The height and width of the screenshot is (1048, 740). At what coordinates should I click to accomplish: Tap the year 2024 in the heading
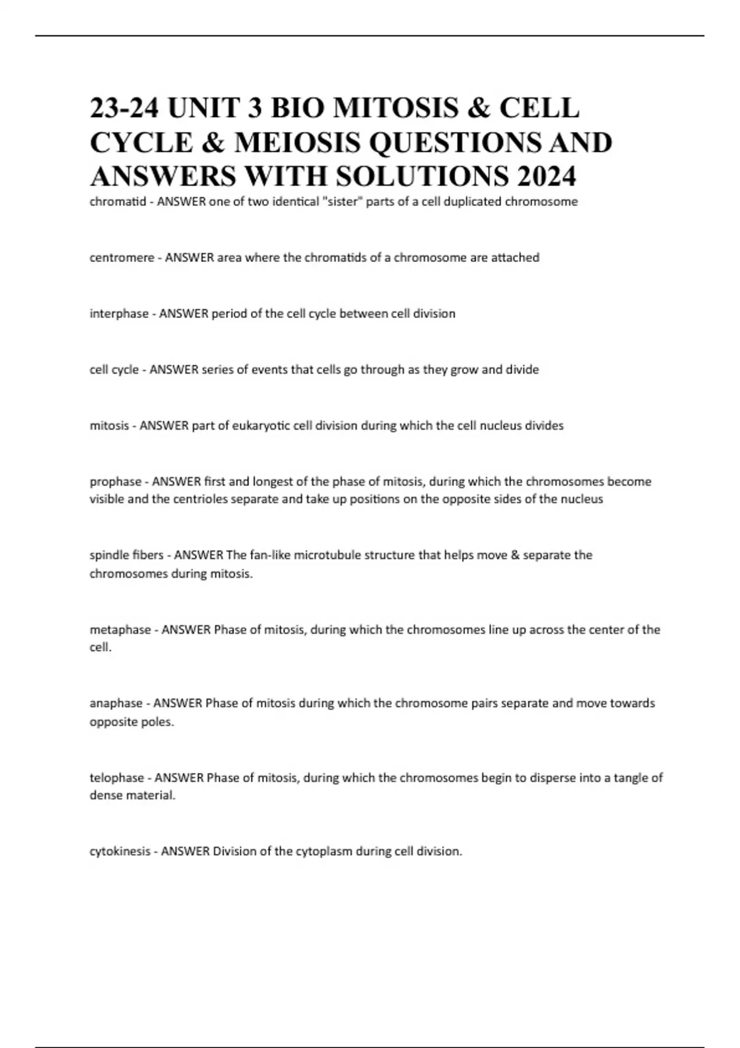point(546,176)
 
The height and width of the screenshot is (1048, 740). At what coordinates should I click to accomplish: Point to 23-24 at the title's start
point(125,108)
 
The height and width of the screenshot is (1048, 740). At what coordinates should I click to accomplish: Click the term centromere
point(122,258)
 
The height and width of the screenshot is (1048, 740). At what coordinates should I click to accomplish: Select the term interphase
point(119,314)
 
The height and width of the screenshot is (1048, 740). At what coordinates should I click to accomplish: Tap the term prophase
point(115,481)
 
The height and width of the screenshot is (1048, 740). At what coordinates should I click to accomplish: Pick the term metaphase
point(120,630)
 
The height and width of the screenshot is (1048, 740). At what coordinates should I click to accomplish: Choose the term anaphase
point(116,703)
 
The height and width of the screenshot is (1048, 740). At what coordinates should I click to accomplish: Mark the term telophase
point(117,778)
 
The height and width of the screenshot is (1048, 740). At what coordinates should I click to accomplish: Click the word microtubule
point(327,555)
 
